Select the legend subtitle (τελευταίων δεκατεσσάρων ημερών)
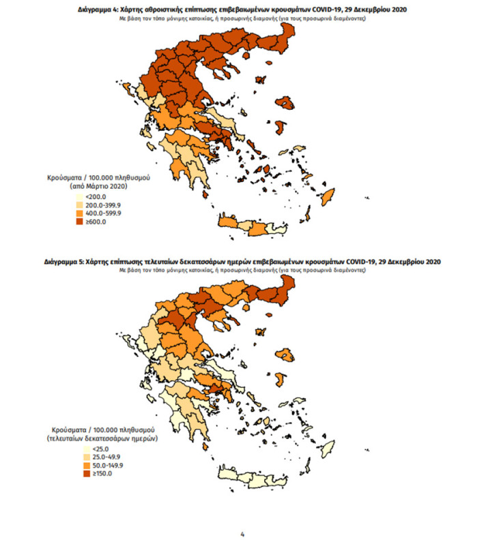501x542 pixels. click(102, 440)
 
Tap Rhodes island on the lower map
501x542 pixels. click(331, 449)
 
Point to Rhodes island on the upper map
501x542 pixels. click(331, 198)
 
